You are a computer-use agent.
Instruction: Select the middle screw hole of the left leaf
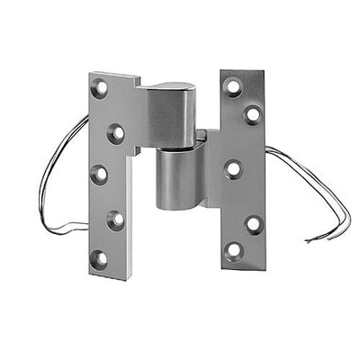coord(99,175)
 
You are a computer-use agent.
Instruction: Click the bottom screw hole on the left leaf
coord(99,258)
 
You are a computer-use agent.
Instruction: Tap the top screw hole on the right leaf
coord(234,88)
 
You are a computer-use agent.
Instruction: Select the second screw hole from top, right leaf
coord(253,114)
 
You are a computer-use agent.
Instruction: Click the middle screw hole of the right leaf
coord(234,168)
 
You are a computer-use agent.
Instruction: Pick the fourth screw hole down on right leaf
coord(253,223)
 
